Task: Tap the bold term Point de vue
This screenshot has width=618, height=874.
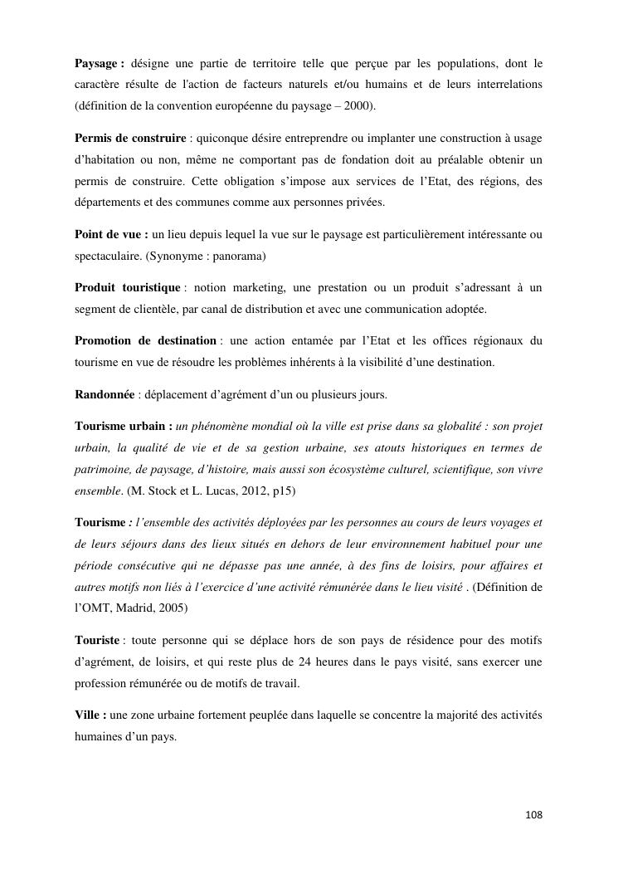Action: [109, 235]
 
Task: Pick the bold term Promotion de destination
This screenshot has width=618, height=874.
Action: [145, 340]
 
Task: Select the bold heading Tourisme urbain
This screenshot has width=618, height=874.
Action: [121, 426]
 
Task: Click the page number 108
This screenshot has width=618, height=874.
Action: [533, 815]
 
